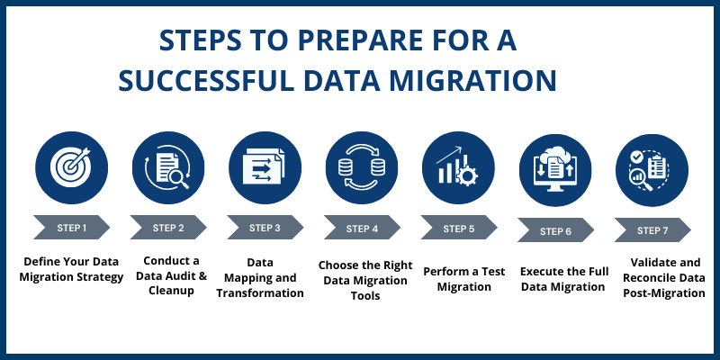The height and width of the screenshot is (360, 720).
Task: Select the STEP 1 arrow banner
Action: (71, 228)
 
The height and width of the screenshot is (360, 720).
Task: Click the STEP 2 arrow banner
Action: (167, 228)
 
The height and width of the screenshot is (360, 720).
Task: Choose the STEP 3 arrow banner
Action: (265, 228)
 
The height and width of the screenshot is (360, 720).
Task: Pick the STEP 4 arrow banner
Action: (361, 229)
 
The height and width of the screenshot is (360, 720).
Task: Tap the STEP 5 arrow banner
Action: (458, 229)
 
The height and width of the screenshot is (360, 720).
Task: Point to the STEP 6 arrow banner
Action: (555, 230)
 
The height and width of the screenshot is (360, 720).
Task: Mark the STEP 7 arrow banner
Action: (652, 230)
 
